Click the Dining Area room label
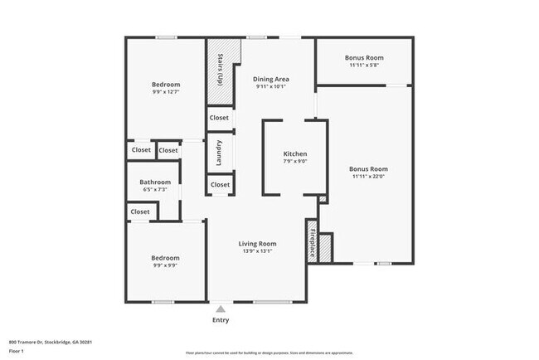tap(270, 79)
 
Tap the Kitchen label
tap(295, 154)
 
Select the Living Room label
tap(257, 244)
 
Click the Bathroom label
tap(155, 182)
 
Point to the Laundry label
tap(219, 153)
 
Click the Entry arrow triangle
tap(221, 309)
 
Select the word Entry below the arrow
tap(221, 320)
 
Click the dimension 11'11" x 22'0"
tap(369, 176)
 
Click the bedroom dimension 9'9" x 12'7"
tap(164, 91)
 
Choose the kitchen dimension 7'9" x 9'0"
tap(295, 162)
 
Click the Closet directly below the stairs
tap(219, 118)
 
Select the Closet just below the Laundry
tap(220, 184)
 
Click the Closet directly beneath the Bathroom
tap(140, 212)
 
